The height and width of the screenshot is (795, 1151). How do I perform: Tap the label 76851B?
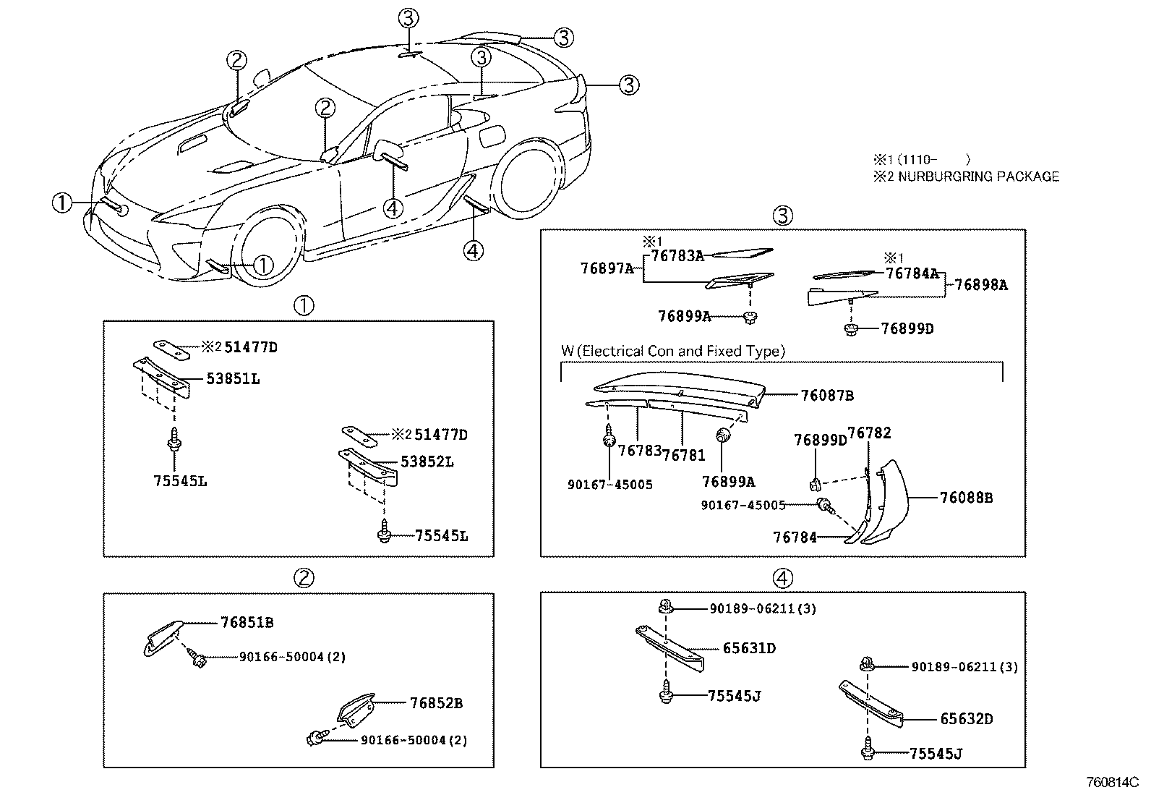(x=247, y=622)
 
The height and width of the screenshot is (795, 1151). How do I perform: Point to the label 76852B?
(x=436, y=702)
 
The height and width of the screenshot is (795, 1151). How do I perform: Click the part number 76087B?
(x=827, y=395)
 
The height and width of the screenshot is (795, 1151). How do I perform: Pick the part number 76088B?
(x=966, y=498)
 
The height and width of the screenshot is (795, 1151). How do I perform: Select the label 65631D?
(x=749, y=648)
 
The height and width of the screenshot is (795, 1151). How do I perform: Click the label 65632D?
(x=966, y=719)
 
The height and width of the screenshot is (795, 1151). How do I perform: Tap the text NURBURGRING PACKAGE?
(x=974, y=177)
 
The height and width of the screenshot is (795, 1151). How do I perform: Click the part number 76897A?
(x=607, y=268)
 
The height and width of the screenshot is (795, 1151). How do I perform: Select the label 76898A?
(x=980, y=285)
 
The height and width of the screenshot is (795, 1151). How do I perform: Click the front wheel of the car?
(x=264, y=250)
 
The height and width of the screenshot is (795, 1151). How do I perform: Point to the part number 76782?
(x=869, y=433)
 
